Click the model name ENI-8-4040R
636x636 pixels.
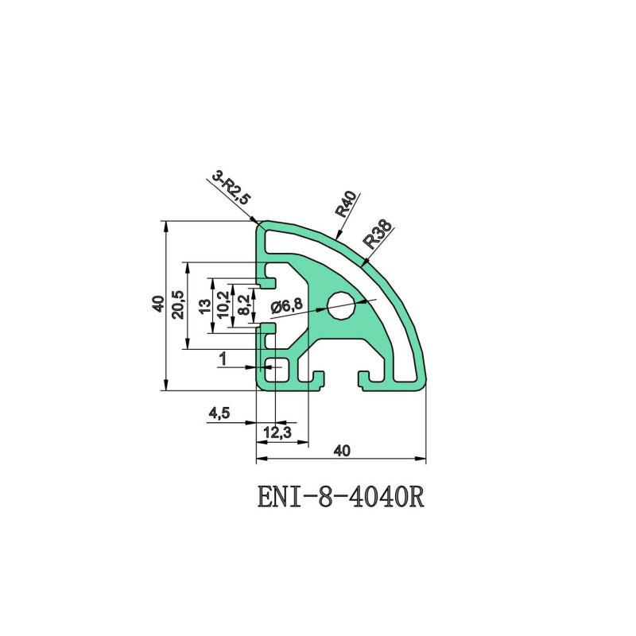coord(341,498)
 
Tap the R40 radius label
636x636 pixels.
coord(346,204)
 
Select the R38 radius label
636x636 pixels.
coord(378,234)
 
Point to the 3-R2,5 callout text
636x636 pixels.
coord(232,188)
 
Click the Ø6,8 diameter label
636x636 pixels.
coord(286,305)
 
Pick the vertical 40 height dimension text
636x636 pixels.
coord(158,304)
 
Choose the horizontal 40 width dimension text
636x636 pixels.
coord(342,451)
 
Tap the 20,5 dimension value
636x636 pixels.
coord(178,304)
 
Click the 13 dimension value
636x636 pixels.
coord(206,306)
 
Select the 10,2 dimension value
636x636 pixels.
coord(223,304)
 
